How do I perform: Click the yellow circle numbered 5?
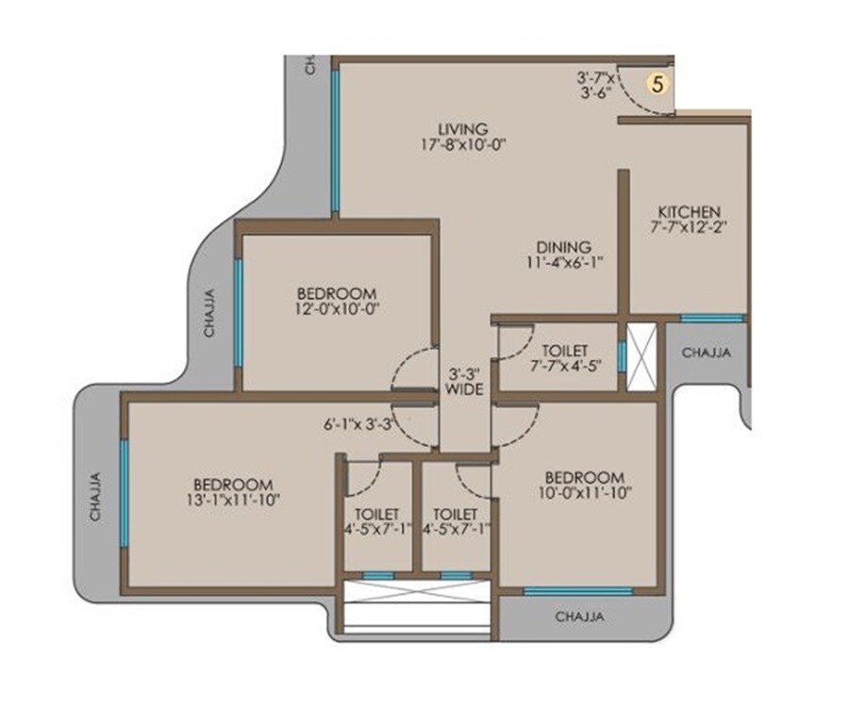(x=659, y=82)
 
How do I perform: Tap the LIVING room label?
(x=462, y=128)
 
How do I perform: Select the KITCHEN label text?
(x=690, y=211)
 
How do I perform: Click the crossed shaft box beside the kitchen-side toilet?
(x=642, y=356)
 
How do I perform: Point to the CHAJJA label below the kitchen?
(x=705, y=353)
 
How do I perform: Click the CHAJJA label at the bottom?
(x=578, y=617)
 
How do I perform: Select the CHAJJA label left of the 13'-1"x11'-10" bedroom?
(x=95, y=496)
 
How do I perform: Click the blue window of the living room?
(x=335, y=141)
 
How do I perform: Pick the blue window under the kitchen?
(x=712, y=319)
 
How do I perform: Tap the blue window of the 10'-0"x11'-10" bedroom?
(x=577, y=592)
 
